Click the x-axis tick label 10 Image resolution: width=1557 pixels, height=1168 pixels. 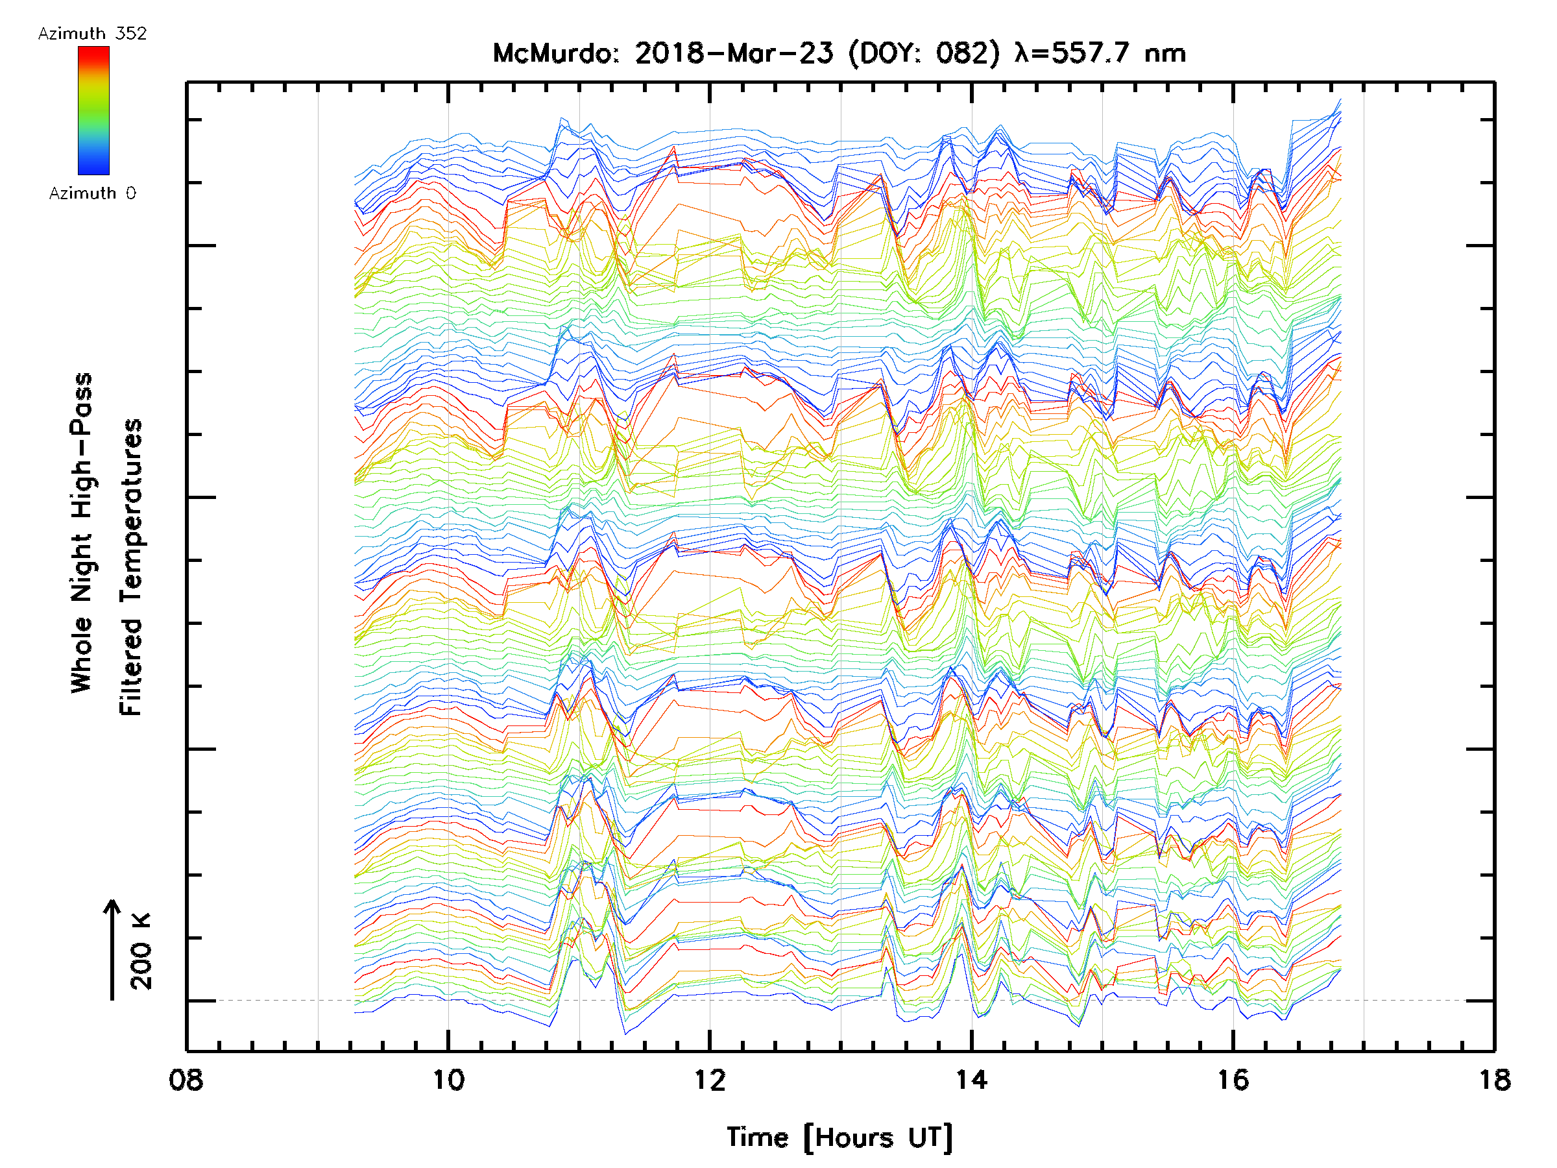[x=448, y=1080]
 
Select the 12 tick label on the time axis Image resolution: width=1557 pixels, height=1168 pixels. [x=710, y=1080]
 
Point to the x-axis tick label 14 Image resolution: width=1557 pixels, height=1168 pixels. [x=971, y=1080]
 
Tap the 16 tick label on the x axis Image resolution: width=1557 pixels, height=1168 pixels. [x=1233, y=1080]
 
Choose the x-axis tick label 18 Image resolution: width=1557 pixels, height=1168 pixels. [x=1493, y=1080]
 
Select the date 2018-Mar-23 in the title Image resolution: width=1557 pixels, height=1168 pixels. [x=734, y=53]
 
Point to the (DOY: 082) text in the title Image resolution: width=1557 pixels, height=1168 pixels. [x=924, y=53]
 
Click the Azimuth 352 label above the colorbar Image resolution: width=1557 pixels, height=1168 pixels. [x=92, y=34]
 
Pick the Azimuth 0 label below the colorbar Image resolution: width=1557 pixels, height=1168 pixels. [x=92, y=193]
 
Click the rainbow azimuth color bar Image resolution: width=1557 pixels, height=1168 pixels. [x=93, y=110]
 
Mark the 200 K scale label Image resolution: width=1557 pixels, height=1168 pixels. [x=141, y=951]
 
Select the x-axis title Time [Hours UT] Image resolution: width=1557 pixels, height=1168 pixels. [x=839, y=1138]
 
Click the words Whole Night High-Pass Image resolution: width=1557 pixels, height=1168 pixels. [x=82, y=532]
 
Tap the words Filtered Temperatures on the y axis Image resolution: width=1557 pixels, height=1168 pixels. [x=131, y=568]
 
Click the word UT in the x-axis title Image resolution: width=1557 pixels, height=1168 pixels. [x=929, y=1138]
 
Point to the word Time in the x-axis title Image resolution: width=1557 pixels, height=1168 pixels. [x=757, y=1138]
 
